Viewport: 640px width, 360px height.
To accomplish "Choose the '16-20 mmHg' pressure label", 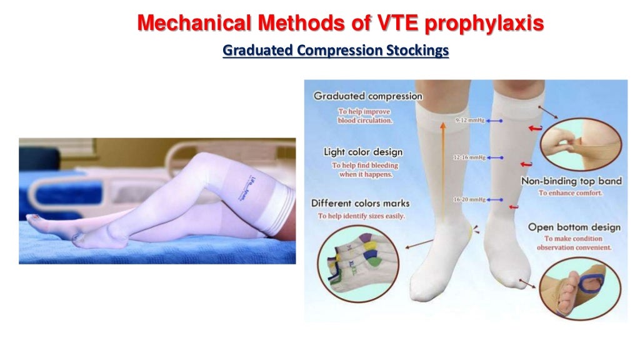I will [x=469, y=199].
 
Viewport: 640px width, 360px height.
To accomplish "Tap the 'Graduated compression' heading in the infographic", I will [x=367, y=96].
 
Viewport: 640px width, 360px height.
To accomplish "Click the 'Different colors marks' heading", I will [x=361, y=203].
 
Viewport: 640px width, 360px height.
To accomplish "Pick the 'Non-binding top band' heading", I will [x=571, y=181].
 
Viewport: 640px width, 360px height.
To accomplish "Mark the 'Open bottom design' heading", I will [x=574, y=227].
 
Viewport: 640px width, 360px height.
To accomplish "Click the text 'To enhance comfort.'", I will [x=570, y=193].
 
